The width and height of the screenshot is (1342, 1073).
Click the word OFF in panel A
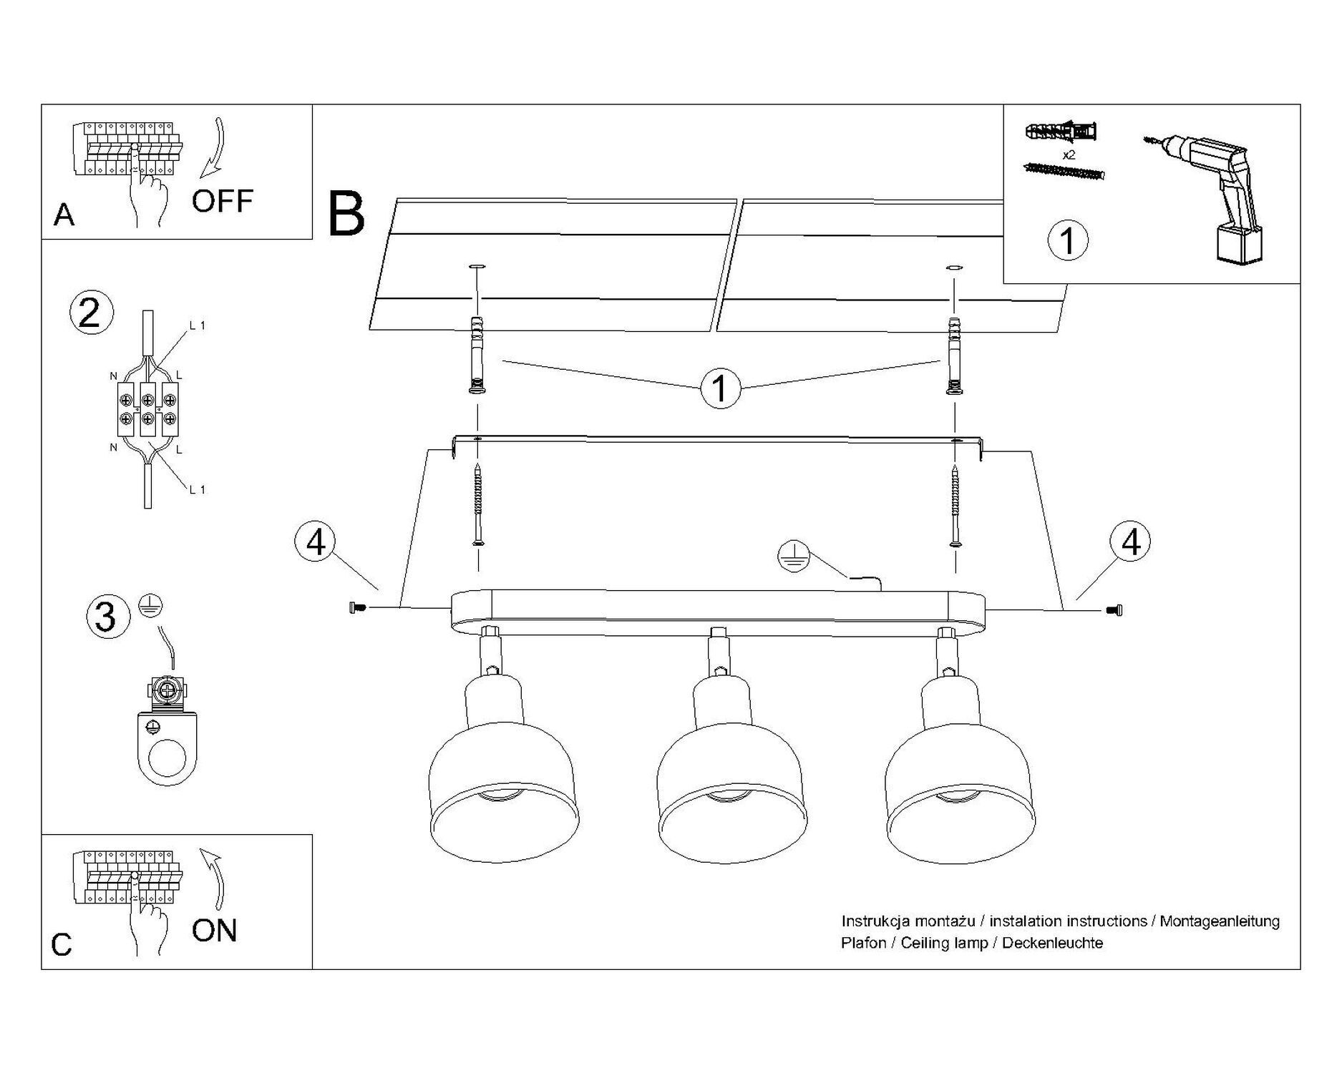[x=222, y=201]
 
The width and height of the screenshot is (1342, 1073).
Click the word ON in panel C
[x=214, y=931]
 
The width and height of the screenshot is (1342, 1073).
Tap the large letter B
[x=346, y=214]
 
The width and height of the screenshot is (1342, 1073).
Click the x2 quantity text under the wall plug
[x=1069, y=155]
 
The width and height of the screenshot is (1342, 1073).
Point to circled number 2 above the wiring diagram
[x=90, y=313]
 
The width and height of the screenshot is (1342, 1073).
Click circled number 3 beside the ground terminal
[x=106, y=617]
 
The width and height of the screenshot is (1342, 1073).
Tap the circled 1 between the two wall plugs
[x=720, y=388]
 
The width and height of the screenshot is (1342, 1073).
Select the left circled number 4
[x=316, y=543]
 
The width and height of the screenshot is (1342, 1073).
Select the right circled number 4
[x=1130, y=542]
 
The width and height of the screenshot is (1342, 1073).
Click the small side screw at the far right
[x=1114, y=609]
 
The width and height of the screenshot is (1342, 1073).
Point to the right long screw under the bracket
[x=956, y=504]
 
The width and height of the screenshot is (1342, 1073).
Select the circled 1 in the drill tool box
[x=1067, y=240]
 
